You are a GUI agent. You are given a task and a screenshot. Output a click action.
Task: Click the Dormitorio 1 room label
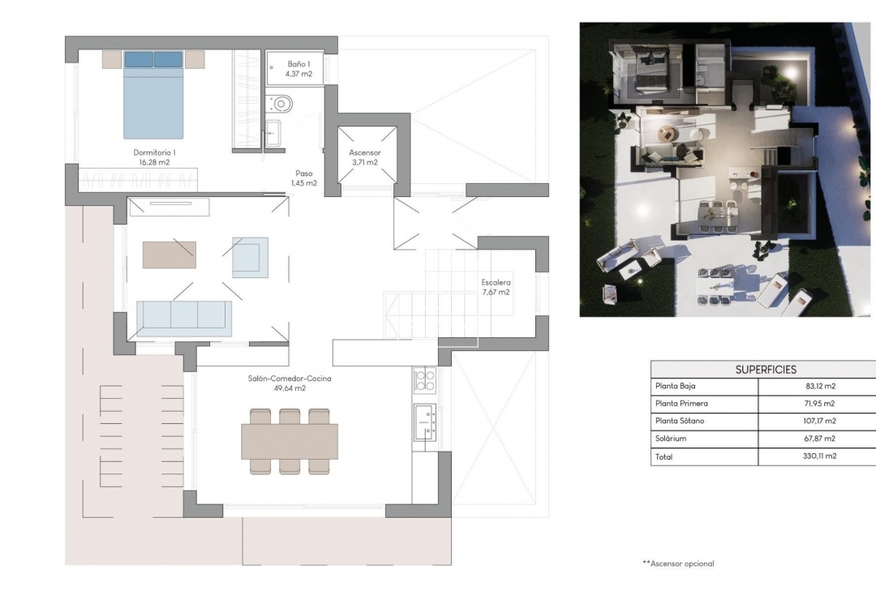point(154,157)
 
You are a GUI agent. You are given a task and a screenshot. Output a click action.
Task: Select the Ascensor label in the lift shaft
point(365,157)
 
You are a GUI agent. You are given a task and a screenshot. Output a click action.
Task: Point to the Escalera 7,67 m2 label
point(495,287)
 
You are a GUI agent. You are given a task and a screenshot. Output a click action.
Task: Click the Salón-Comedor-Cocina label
point(290,383)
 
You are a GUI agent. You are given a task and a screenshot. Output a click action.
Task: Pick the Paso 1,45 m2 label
point(304,178)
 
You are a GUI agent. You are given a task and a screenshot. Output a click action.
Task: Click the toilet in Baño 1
point(281,103)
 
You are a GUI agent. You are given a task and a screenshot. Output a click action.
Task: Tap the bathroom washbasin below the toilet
point(274,132)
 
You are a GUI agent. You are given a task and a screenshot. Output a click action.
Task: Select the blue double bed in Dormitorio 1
point(153,95)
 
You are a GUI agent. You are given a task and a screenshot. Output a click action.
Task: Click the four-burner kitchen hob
point(424,380)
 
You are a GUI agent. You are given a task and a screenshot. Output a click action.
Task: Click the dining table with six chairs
point(290,442)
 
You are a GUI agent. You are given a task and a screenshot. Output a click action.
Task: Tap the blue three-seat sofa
point(184,318)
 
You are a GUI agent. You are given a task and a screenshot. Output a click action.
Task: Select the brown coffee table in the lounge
point(169,255)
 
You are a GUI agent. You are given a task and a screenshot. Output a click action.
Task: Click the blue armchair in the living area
point(250,257)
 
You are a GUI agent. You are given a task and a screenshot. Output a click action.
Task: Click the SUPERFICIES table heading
point(766,370)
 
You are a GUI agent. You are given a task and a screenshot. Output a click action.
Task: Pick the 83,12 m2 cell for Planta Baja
point(817,387)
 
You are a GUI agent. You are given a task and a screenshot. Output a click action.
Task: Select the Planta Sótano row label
point(680,421)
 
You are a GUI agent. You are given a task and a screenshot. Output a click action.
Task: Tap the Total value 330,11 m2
point(817,456)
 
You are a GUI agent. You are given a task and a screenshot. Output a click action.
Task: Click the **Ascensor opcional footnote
point(678,563)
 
